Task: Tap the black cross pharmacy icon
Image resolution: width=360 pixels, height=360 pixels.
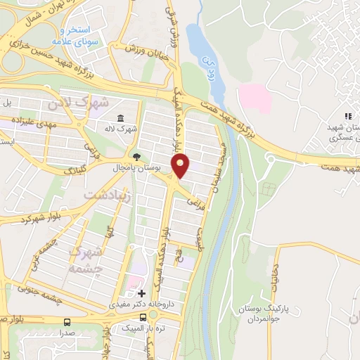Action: point(142,293)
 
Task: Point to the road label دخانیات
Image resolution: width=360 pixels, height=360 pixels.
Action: point(275,276)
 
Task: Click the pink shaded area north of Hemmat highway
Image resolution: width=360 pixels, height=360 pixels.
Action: point(255,98)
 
